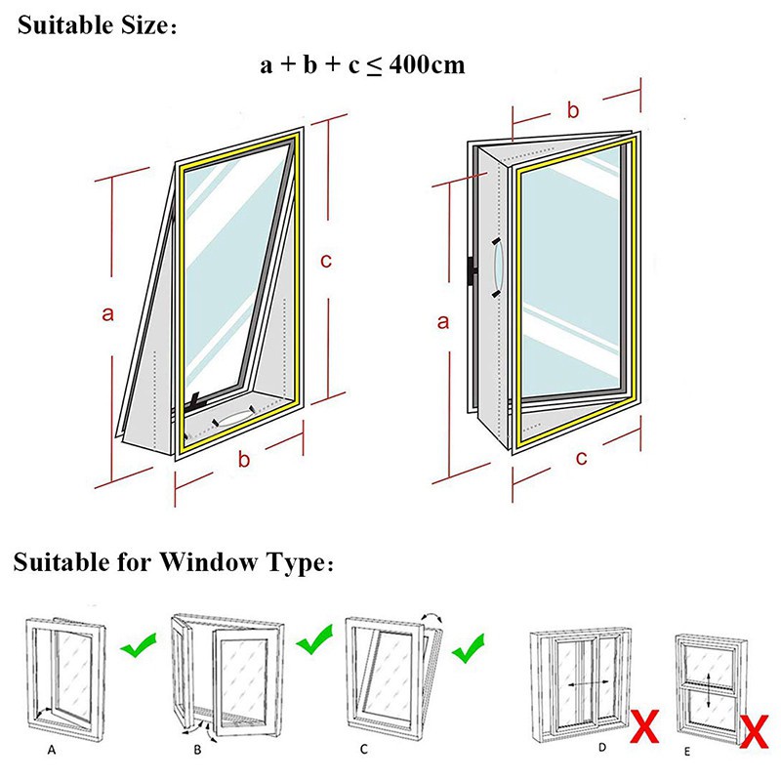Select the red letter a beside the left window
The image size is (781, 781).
pos(108,313)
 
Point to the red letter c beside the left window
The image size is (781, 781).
pos(327,261)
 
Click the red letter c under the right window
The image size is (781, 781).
pos(582,458)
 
